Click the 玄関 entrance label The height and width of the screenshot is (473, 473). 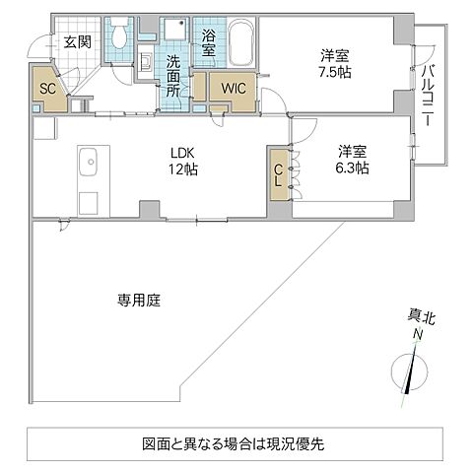78,41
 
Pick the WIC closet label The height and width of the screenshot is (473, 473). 234,88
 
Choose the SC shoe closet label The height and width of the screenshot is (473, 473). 46,89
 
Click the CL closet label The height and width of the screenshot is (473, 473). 279,176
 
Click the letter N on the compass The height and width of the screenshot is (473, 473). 418,335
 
